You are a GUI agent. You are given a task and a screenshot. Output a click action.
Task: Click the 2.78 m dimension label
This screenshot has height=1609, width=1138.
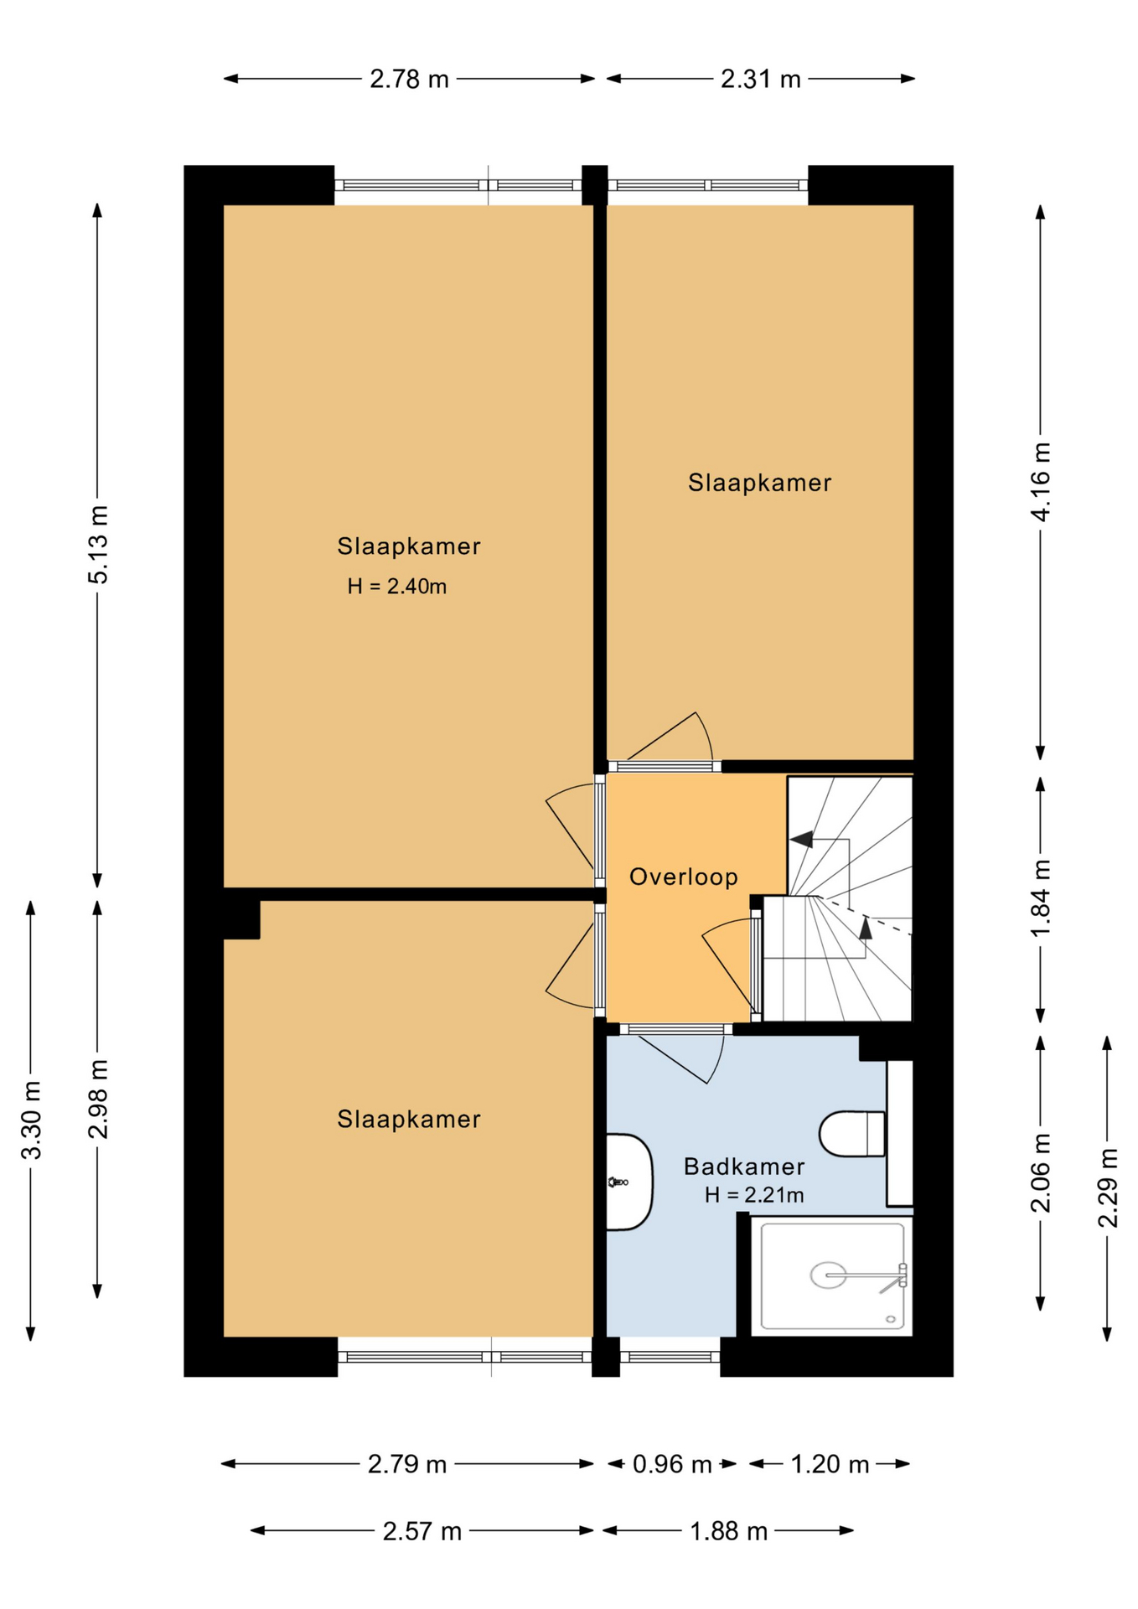tap(409, 80)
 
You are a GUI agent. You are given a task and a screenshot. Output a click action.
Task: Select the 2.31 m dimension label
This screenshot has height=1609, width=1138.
tap(760, 80)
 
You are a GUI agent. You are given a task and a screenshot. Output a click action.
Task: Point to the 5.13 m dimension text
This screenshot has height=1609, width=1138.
tap(98, 545)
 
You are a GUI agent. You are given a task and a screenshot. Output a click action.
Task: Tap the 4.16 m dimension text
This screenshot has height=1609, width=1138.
tap(1041, 482)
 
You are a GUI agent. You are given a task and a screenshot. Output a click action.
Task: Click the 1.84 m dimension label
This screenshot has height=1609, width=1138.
tap(1041, 899)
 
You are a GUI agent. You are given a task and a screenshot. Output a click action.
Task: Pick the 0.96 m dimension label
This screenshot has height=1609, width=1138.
tap(671, 1465)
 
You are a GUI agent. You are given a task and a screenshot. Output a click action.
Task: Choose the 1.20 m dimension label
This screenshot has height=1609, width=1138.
tap(830, 1465)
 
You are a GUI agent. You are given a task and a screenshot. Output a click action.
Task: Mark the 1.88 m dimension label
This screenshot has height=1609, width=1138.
tap(728, 1532)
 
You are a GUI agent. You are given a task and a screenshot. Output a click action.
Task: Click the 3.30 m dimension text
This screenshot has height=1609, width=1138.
tap(31, 1120)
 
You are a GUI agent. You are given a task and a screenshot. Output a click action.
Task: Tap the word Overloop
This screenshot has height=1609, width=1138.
tap(684, 877)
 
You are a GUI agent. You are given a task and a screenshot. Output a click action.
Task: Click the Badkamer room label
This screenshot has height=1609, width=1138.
tap(744, 1167)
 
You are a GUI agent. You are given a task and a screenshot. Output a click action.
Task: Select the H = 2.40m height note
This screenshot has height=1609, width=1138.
tap(397, 587)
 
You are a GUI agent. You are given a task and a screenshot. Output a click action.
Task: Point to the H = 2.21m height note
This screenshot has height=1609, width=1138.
tap(754, 1195)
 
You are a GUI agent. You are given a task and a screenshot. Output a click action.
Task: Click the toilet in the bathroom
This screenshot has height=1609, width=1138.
tap(852, 1134)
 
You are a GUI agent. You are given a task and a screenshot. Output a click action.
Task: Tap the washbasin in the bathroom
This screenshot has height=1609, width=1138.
tap(628, 1182)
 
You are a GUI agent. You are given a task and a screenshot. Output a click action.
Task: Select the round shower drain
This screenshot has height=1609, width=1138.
tap(828, 1275)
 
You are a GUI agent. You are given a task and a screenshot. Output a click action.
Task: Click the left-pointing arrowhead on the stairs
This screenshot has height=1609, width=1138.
tap(801, 839)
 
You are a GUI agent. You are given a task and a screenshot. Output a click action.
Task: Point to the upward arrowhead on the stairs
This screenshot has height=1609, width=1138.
tap(866, 927)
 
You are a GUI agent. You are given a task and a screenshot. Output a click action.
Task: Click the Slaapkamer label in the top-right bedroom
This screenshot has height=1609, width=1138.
tap(759, 483)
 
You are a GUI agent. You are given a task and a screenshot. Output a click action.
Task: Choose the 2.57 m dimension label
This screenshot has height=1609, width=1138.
tap(422, 1532)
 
